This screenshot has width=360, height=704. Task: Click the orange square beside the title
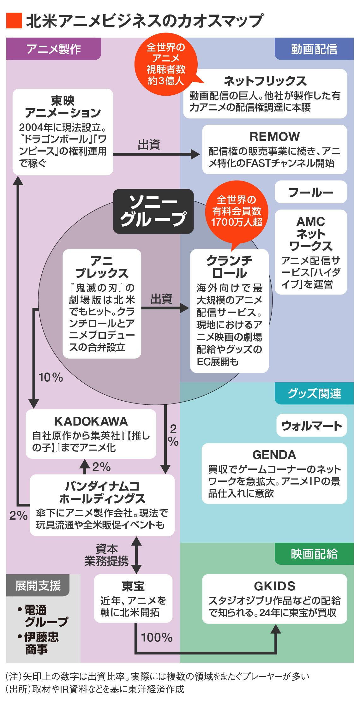tap(14, 21)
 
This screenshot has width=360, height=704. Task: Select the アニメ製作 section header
tap(53, 49)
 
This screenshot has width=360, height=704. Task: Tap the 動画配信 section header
tap(314, 49)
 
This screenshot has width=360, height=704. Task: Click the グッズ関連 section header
tap(314, 393)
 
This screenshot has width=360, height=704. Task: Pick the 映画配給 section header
tap(314, 554)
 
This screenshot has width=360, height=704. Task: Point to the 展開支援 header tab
tap(38, 585)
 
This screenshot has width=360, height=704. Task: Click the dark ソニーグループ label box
tap(153, 211)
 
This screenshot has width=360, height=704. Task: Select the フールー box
tap(311, 192)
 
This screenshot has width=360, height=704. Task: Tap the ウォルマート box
tap(311, 426)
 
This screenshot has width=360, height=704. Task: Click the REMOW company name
tap(274, 137)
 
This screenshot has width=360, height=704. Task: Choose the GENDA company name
tap(274, 455)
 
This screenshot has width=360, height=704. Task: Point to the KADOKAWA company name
tap(91, 421)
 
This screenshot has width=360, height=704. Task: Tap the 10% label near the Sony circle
tap(51, 377)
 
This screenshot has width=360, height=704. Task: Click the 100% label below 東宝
tap(157, 637)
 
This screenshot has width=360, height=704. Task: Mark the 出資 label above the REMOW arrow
tap(149, 145)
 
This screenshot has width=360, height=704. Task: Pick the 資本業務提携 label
tap(107, 555)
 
